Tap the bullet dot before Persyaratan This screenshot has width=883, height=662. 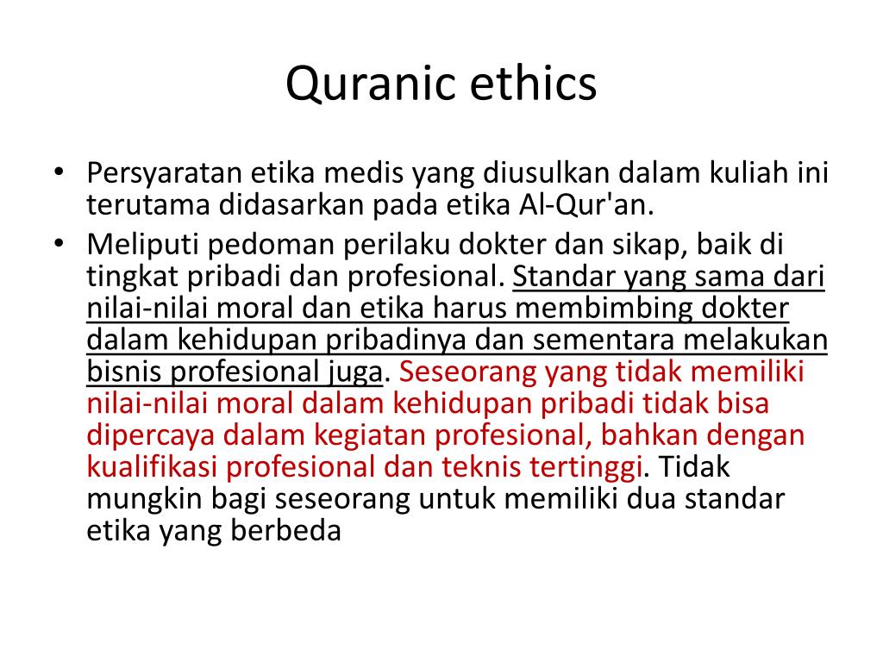tap(59, 173)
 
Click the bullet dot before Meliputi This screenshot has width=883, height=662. tap(59, 245)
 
